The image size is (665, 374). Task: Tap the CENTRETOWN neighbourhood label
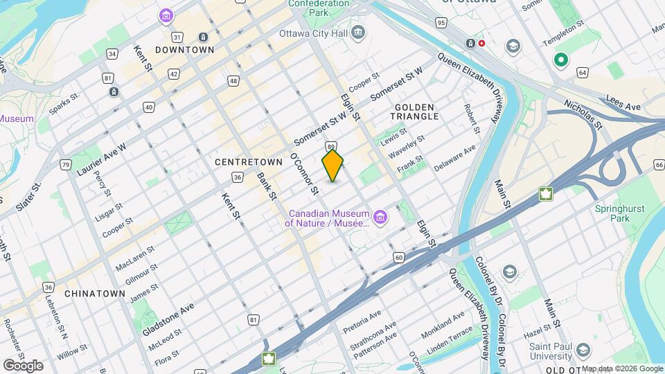(249, 161)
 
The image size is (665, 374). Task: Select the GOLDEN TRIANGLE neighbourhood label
(416, 112)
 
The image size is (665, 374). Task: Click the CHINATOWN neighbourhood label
(94, 294)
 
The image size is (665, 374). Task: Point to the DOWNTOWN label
(184, 50)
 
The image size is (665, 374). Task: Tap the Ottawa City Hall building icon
(358, 33)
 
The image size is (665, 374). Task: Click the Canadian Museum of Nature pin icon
(379, 219)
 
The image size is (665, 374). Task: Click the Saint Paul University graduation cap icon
(582, 350)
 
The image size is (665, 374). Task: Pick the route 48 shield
(233, 82)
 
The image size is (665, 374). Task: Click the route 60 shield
(399, 258)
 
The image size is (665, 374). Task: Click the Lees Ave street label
(623, 103)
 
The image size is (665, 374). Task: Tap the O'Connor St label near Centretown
(305, 173)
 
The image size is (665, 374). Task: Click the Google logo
(23, 365)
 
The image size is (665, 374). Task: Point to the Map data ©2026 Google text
(621, 368)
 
